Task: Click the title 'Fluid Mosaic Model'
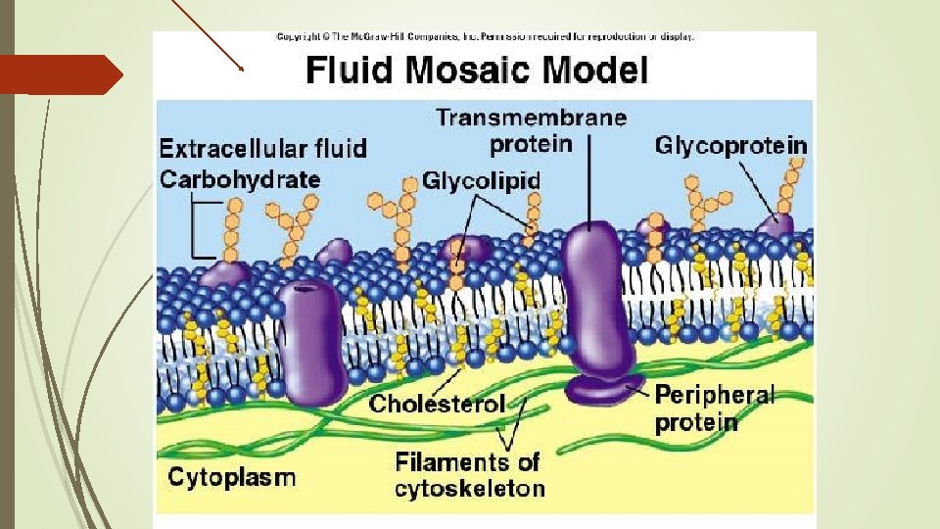coord(477,71)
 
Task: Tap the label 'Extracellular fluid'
coord(263,149)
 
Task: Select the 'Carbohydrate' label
coord(240,179)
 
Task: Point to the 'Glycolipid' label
coord(482,181)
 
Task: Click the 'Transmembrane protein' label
coord(531,131)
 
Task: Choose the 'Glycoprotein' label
coord(731,146)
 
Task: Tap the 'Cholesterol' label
coord(437,404)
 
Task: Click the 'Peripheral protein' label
coord(714,409)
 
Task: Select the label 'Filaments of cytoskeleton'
coord(469,474)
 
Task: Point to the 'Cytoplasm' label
coord(232,477)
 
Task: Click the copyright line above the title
coord(485,37)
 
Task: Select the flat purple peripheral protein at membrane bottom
coord(603,391)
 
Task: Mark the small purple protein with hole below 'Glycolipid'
coord(459,249)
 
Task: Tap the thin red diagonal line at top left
coord(207,34)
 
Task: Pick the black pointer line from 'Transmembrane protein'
coord(589,186)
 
